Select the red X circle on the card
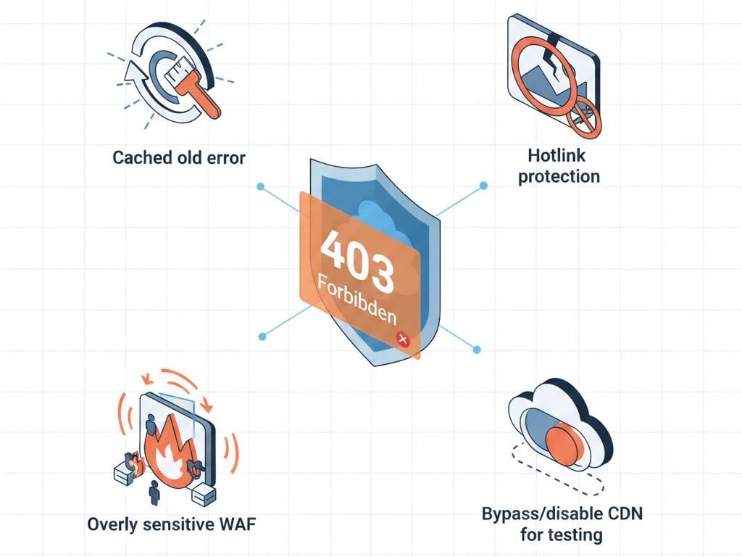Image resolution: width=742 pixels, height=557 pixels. tap(402, 339)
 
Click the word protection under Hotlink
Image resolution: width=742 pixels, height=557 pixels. tap(558, 176)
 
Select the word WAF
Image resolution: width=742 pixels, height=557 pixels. tap(233, 524)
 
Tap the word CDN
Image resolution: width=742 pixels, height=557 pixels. tap(622, 514)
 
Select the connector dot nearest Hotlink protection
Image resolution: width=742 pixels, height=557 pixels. tap(483, 186)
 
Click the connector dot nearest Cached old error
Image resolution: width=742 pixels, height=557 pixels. tap(260, 186)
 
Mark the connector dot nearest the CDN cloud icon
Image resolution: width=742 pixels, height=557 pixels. tap(476, 350)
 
